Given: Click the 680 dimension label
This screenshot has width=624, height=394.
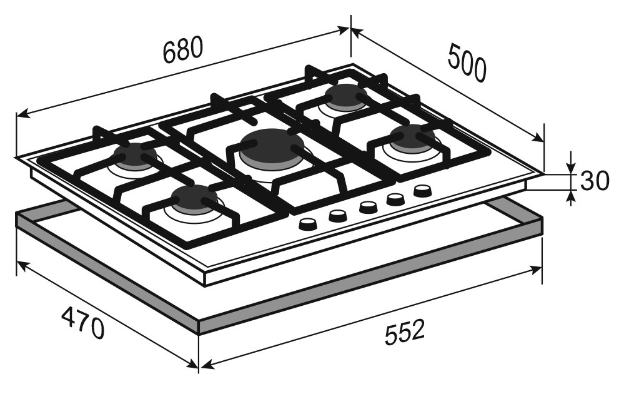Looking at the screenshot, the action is tap(183, 50).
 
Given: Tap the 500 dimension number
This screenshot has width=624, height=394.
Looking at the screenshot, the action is tap(467, 63).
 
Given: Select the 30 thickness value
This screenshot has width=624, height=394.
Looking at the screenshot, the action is tap(595, 181).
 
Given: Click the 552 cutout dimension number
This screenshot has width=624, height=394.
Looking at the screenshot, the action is tap(405, 332).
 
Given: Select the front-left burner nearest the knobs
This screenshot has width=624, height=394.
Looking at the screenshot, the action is tap(194, 198).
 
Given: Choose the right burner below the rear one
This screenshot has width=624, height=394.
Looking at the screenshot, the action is tap(410, 136).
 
